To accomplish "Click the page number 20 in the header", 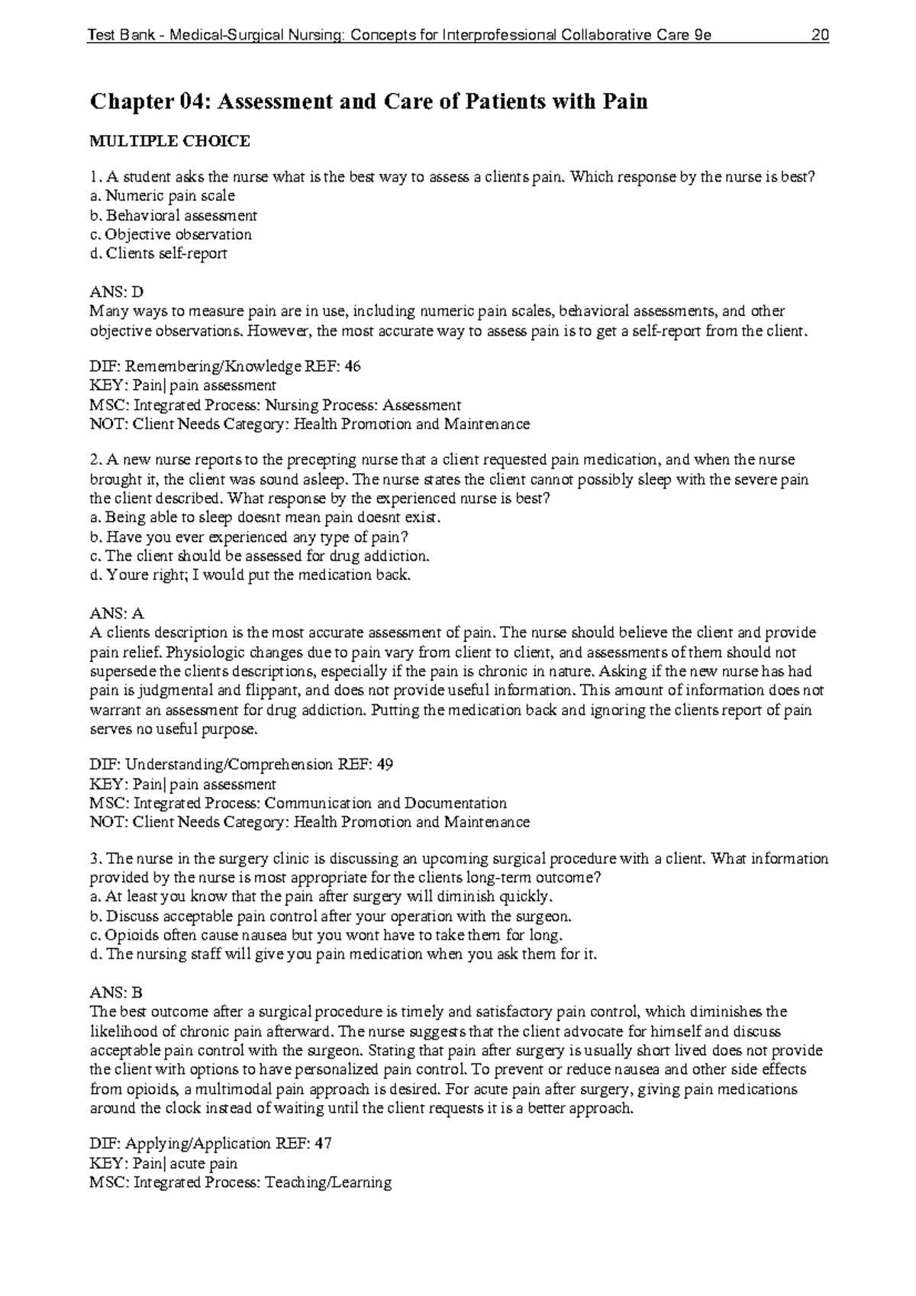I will tap(821, 36).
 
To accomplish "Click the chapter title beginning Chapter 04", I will tap(369, 102).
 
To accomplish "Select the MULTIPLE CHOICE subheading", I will tap(169, 141).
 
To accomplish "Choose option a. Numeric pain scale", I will tap(162, 196).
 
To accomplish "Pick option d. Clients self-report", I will tap(158, 253).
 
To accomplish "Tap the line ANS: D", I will tap(116, 292).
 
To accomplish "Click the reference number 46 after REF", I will tap(353, 366).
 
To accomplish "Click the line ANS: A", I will tap(116, 614).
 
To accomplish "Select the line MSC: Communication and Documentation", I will tap(298, 803).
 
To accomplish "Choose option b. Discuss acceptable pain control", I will tap(330, 916).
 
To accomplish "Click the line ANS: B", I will tap(116, 993).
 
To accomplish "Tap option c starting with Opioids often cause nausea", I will tap(326, 935).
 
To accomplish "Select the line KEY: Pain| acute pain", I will tap(163, 1163).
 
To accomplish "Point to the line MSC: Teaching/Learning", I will tap(240, 1182).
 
